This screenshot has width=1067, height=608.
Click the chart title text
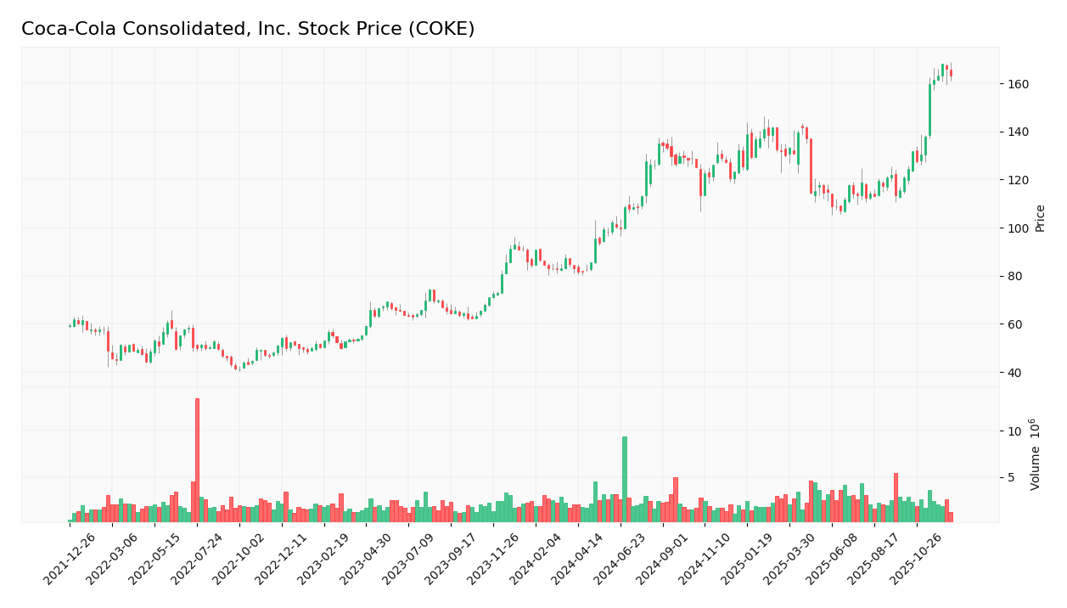pyautogui.click(x=248, y=29)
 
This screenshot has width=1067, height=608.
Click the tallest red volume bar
pyautogui.click(x=197, y=459)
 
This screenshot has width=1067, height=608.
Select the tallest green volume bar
pyautogui.click(x=625, y=479)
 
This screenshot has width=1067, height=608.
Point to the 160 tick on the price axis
pyautogui.click(x=1018, y=84)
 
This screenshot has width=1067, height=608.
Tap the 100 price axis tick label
pyautogui.click(x=1018, y=228)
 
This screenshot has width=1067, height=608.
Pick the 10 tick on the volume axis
pyautogui.click(x=1014, y=431)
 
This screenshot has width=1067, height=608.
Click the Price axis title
pyautogui.click(x=1040, y=217)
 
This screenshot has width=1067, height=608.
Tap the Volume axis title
pyautogui.click(x=1036, y=453)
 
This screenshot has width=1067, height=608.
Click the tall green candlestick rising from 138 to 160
pyautogui.click(x=929, y=110)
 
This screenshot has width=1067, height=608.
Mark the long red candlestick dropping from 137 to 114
pyautogui.click(x=811, y=166)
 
